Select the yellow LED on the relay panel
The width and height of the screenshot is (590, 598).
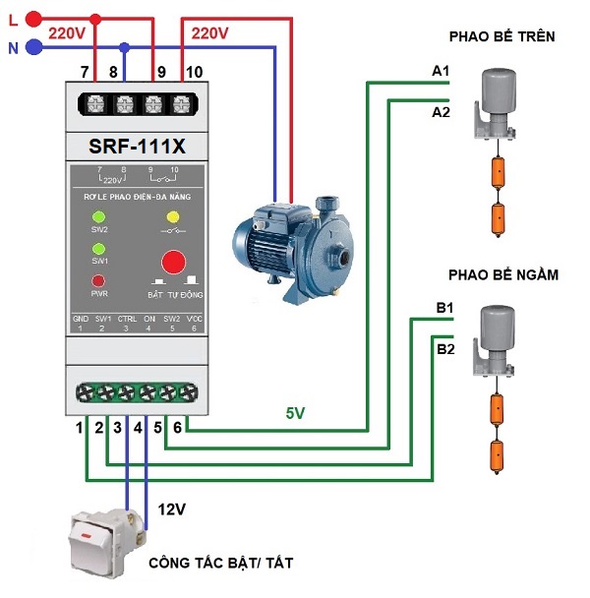point(173,216)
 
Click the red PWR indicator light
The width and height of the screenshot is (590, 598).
point(98,280)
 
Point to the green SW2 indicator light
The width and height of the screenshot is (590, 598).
point(98,216)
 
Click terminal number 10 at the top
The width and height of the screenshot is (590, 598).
point(194,72)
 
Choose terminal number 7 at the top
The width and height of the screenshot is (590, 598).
point(85,72)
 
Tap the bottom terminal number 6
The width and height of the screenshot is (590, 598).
point(177,428)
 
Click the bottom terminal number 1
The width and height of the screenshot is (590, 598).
point(81,428)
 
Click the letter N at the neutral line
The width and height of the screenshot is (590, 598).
point(13,47)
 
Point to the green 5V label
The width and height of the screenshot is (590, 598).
point(296,414)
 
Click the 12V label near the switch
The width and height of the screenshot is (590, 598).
point(172,509)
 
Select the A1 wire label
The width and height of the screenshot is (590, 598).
point(441,72)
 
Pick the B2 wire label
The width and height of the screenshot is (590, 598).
point(445,348)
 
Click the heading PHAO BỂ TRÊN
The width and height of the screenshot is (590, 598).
point(501,36)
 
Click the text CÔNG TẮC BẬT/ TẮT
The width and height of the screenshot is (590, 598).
point(220,564)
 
